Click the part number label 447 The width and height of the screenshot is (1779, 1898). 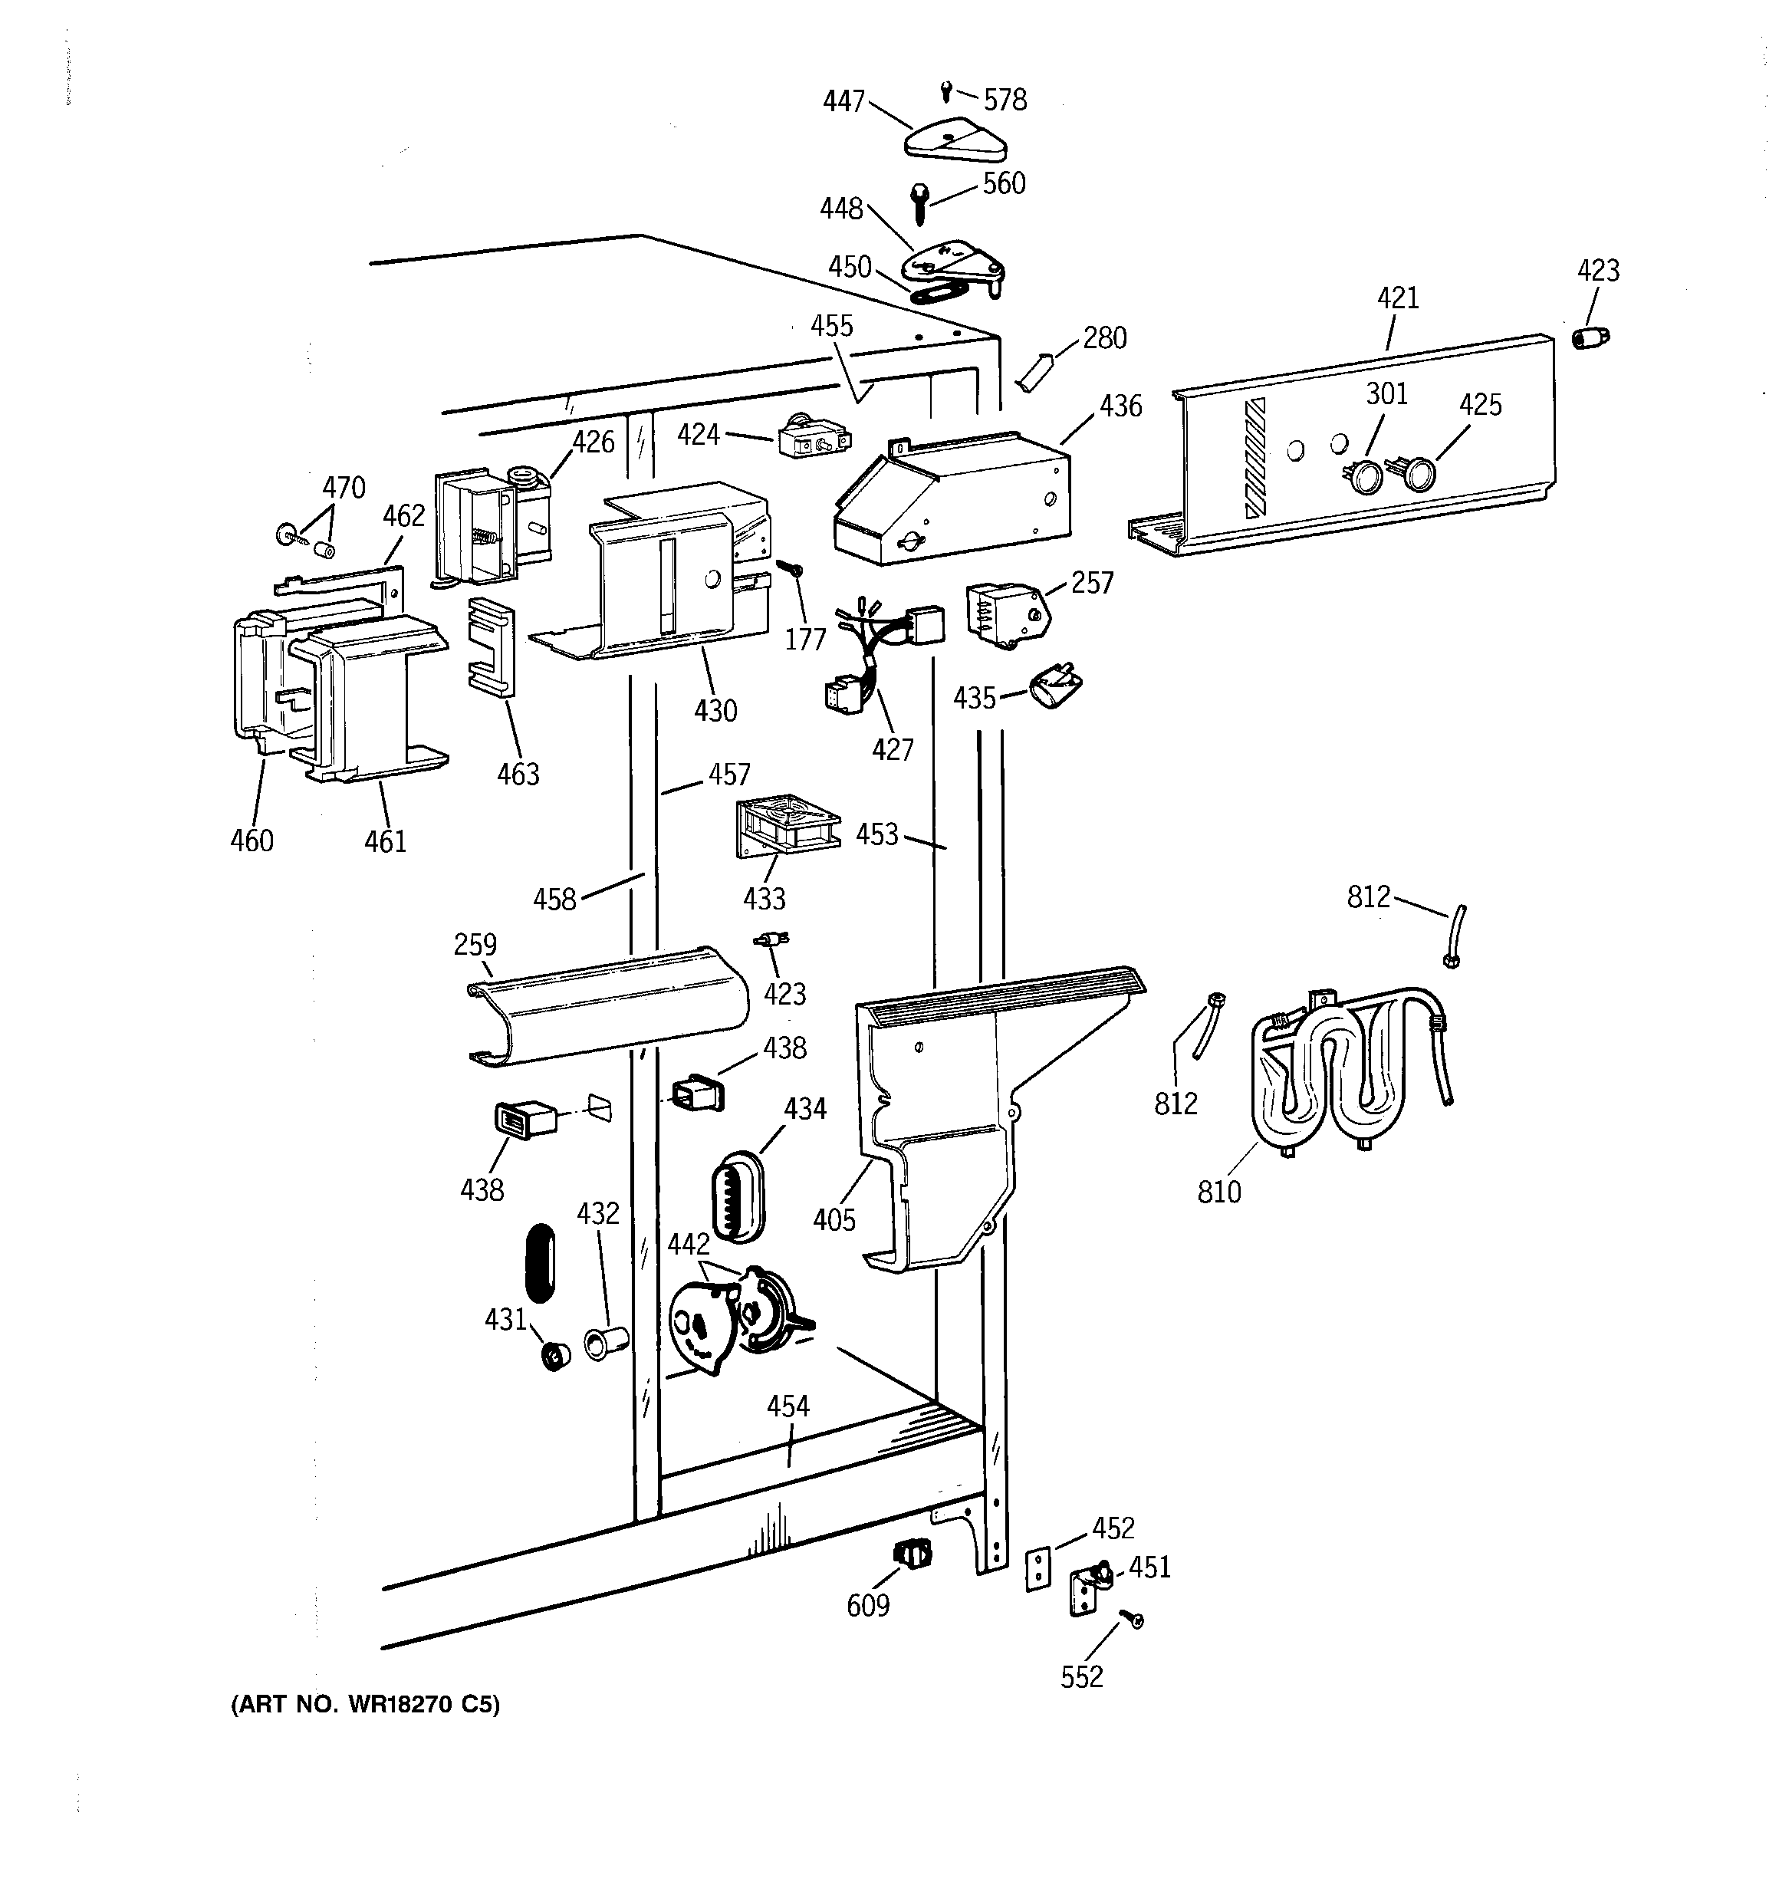tap(843, 101)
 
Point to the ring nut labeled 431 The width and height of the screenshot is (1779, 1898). tap(554, 1355)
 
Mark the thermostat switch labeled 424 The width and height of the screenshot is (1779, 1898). tap(813, 438)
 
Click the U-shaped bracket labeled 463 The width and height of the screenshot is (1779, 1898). tap(491, 646)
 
